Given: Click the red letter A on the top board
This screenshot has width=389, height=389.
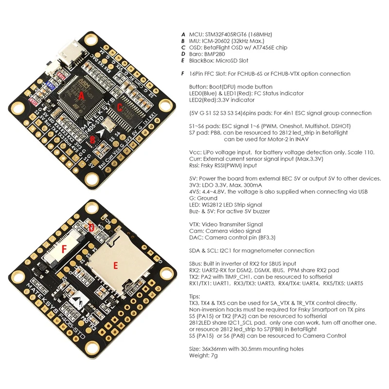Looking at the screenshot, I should click(81, 97).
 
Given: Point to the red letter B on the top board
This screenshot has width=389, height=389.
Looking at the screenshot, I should click(92, 141).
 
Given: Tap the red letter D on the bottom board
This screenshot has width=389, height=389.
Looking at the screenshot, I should click(91, 228).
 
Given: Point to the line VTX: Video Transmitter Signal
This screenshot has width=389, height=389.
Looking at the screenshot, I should click(226, 225).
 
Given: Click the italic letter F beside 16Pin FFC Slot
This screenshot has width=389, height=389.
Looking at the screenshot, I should click(183, 74).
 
